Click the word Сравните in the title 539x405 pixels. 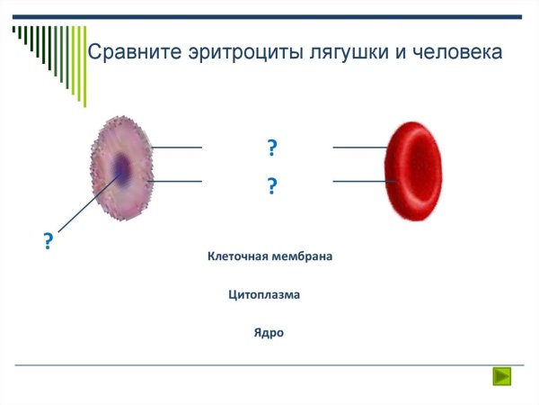[133, 52]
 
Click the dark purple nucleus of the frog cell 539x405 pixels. [120, 167]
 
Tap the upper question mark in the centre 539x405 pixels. [271, 148]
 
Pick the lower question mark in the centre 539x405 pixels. [271, 187]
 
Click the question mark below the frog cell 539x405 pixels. [48, 241]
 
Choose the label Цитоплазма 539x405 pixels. [264, 294]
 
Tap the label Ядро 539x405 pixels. [269, 333]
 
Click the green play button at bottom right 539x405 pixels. [501, 376]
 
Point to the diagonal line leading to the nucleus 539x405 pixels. [85, 203]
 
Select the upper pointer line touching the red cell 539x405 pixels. [359, 147]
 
